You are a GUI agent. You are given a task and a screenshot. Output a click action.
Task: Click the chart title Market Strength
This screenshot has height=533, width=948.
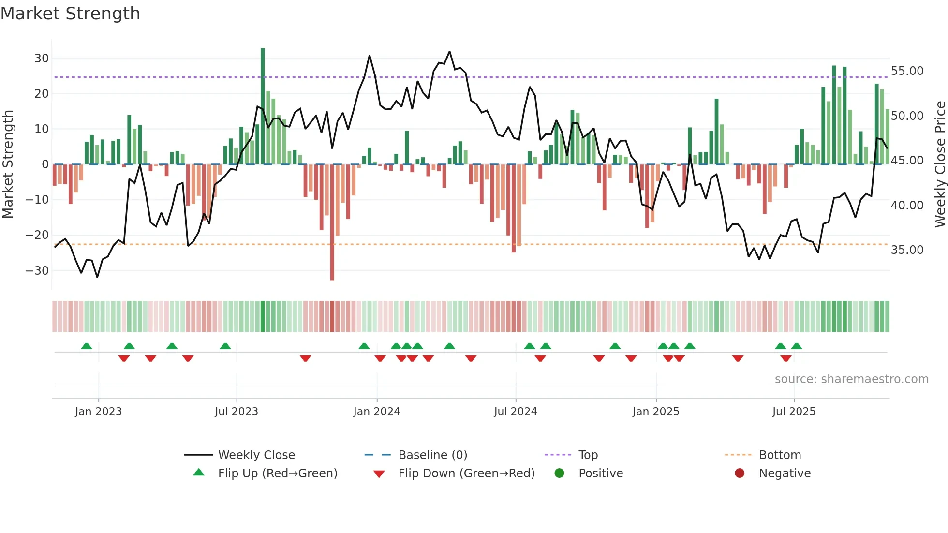coord(70,14)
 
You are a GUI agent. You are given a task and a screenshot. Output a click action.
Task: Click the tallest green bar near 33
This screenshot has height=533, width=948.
coord(263,106)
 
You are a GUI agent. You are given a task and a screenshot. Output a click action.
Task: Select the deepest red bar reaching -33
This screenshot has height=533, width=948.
coord(332,222)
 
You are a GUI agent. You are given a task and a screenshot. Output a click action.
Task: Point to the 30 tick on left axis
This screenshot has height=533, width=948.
coord(42,59)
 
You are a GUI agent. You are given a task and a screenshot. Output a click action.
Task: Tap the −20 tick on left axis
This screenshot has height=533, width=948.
coord(37,235)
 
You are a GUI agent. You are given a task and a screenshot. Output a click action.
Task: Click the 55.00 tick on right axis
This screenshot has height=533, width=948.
coord(907,71)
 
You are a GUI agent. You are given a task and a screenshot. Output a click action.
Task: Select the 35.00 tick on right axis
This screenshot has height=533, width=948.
coord(907,250)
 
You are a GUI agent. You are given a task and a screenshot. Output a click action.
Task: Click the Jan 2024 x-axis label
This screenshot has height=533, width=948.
coord(377,412)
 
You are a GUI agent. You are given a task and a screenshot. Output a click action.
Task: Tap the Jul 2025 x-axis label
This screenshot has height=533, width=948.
coord(794,412)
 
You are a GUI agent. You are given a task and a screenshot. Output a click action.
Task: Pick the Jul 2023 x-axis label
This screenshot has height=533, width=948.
coord(237,412)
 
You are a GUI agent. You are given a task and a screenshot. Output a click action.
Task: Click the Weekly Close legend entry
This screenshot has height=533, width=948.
coord(256,455)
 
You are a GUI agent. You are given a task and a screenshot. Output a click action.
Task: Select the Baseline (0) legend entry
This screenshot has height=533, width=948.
coord(432,455)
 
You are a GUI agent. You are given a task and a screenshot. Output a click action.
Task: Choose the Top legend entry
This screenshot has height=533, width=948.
coord(588,455)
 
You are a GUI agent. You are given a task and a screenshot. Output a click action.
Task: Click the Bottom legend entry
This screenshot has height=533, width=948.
coord(780,455)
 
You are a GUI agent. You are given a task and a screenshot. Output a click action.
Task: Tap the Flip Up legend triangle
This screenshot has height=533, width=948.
coord(199,473)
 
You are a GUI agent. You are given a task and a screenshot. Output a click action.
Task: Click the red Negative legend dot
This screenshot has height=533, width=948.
coord(740,473)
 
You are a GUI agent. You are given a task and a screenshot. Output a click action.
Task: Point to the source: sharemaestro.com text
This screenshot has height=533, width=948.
coord(851,379)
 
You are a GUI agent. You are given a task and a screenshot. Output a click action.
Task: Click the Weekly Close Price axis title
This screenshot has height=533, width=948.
coord(940,164)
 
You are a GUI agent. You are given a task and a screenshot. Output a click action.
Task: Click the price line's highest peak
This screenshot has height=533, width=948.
coord(449,52)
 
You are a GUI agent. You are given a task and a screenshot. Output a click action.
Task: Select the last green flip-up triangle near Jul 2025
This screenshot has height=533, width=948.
coord(797,346)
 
